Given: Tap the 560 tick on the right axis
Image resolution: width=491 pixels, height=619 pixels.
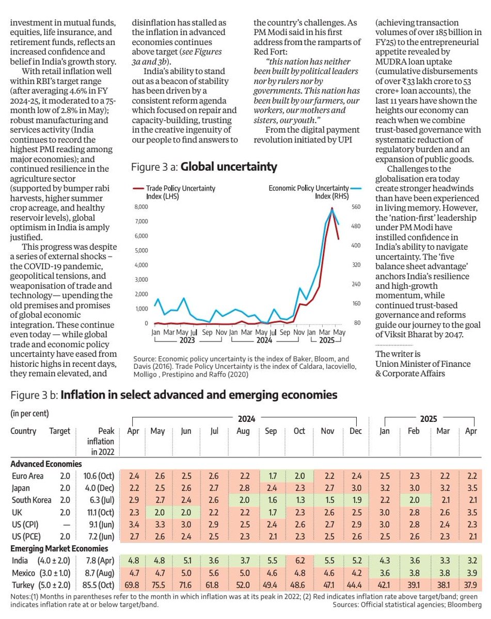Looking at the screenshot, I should [x=356, y=207].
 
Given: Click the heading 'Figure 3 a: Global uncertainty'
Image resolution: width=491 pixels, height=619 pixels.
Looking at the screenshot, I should [x=204, y=167].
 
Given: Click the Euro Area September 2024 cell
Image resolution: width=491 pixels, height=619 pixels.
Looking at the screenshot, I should [x=271, y=476].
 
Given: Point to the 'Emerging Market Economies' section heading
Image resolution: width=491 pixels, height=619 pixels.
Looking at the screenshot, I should [x=59, y=548].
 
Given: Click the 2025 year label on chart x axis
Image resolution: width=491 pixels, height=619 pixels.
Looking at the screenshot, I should [x=326, y=341].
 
